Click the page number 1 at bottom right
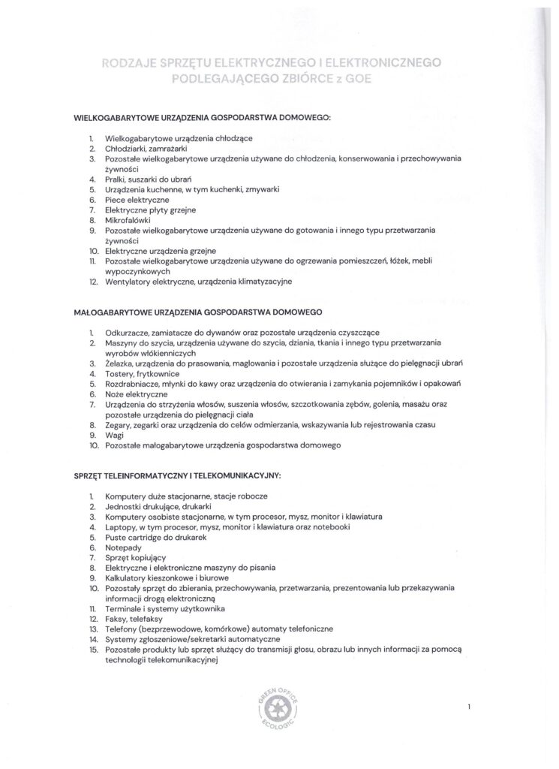[468, 707]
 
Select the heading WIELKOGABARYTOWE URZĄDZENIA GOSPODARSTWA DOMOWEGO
[202, 119]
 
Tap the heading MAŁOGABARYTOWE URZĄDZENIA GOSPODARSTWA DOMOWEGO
[199, 310]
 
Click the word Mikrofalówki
[128, 222]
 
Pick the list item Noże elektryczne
[137, 394]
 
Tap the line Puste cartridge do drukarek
[156, 538]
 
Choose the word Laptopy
[123, 527]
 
